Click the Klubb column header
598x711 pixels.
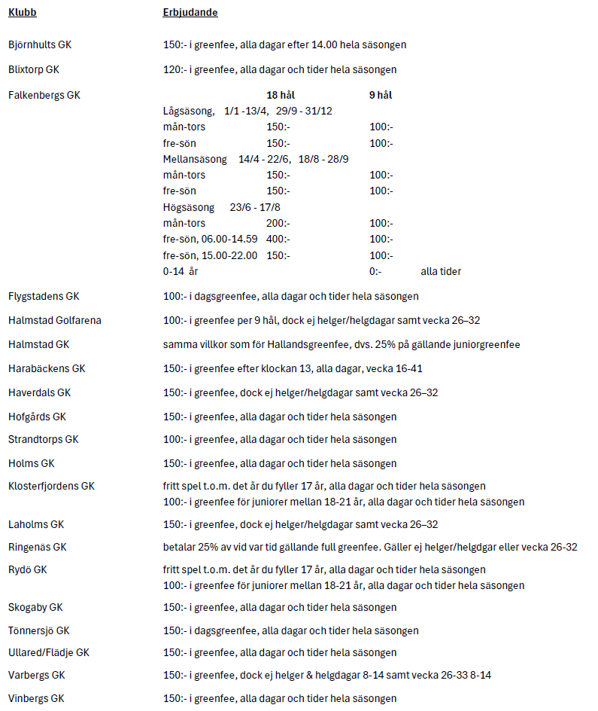click(x=22, y=13)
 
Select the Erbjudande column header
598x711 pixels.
click(x=190, y=13)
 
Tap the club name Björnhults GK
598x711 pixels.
click(x=40, y=45)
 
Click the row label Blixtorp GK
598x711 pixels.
click(x=34, y=70)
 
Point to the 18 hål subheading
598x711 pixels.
click(x=281, y=96)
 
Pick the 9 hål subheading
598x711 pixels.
click(x=381, y=96)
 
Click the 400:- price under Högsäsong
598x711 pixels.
click(x=278, y=240)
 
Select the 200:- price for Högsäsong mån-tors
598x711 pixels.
click(x=278, y=224)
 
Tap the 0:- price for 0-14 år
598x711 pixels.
click(x=376, y=271)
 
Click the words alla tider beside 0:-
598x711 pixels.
click(x=441, y=271)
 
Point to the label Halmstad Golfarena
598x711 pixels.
click(x=55, y=321)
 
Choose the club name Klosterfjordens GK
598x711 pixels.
click(x=52, y=487)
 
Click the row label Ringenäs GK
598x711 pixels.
click(x=38, y=548)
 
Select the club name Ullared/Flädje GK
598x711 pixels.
click(x=49, y=653)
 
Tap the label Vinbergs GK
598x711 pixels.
click(x=36, y=699)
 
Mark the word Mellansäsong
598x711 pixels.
click(x=195, y=160)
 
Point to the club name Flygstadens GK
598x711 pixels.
click(x=44, y=297)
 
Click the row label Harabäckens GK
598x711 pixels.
click(x=47, y=369)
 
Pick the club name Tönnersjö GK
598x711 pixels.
click(x=38, y=631)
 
